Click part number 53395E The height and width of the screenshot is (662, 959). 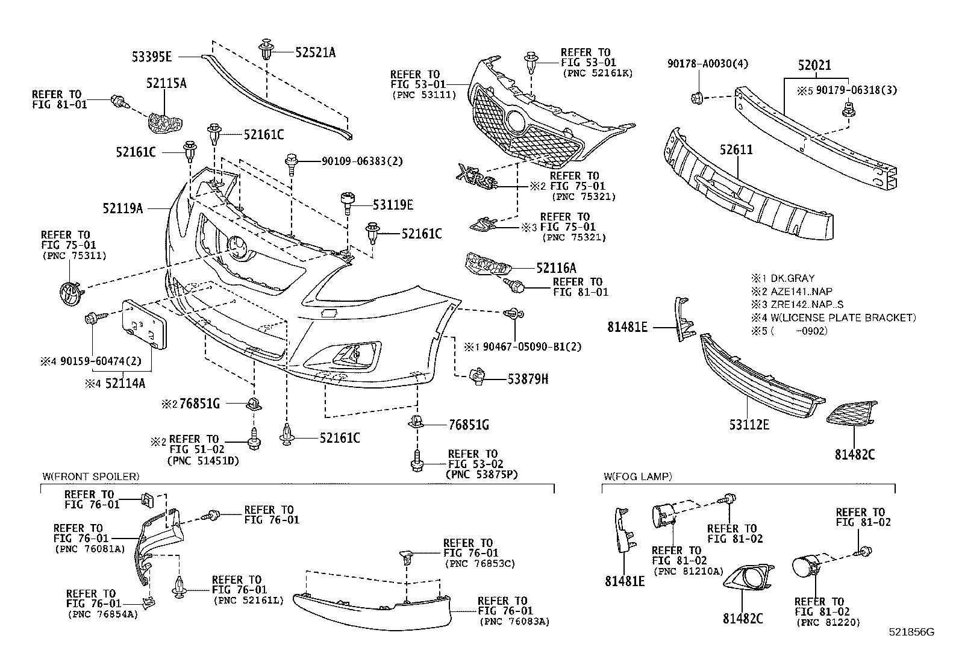click(x=152, y=57)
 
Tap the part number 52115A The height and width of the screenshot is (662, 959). click(x=166, y=83)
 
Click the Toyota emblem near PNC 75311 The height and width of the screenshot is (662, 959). click(x=71, y=293)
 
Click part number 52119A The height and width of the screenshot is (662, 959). click(x=123, y=208)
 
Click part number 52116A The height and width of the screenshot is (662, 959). click(x=556, y=268)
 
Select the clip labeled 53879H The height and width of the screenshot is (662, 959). click(x=477, y=376)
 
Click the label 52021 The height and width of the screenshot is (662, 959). click(x=814, y=65)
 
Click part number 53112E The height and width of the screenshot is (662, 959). click(x=749, y=425)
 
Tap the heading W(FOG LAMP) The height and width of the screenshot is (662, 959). click(x=637, y=476)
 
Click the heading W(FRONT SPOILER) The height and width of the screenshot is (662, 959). click(x=90, y=476)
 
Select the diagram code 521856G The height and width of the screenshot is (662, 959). click(x=911, y=632)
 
